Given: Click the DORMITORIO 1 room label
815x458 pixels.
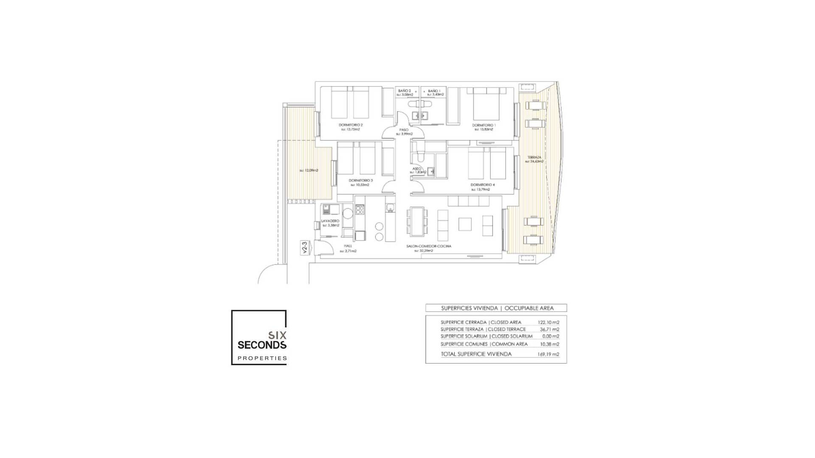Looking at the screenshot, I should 483,125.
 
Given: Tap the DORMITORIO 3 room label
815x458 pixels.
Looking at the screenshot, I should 361,180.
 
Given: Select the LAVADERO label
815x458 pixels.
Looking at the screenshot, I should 330,221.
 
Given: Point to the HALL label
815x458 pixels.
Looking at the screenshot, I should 348,246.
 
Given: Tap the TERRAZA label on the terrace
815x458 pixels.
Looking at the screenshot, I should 534,157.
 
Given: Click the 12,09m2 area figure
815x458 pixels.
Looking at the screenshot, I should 309,170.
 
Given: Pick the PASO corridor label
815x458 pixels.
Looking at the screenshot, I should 404,130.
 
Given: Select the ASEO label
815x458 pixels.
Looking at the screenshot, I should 416,168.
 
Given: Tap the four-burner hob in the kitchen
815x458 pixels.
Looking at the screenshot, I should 360,209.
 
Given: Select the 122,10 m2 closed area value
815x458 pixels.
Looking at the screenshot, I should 548,322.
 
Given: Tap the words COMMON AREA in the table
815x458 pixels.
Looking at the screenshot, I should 509,344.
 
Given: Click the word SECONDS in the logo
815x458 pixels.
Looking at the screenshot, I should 261,345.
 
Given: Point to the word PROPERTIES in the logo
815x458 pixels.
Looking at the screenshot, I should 261,358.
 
